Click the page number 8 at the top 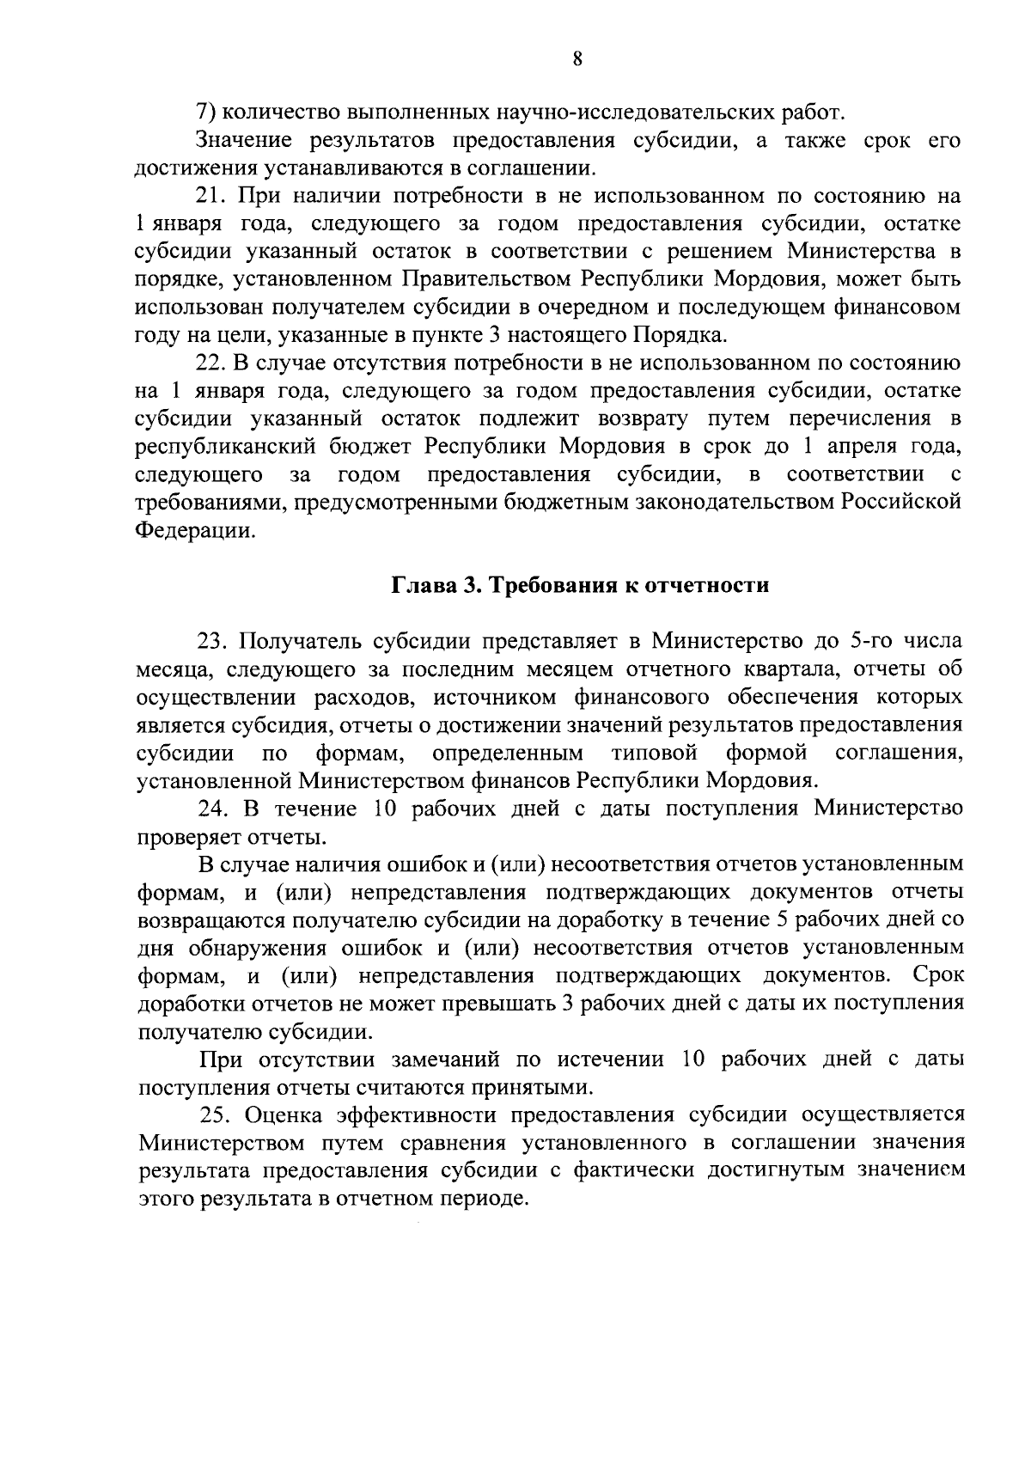point(577,59)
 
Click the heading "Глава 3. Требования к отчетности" point(580,585)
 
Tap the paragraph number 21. point(211,196)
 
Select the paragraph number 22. point(211,363)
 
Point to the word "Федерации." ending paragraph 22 point(195,530)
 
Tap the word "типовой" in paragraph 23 point(654,753)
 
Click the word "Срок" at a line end point(938,975)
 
